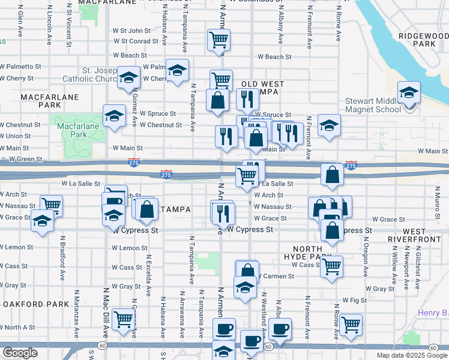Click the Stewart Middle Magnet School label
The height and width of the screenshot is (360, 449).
coord(373,106)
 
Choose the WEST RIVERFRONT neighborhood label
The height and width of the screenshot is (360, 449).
coord(423,235)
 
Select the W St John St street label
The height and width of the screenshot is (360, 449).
coord(131,31)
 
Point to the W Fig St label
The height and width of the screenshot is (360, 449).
coord(354,299)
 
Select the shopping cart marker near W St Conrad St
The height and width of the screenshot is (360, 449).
coord(218,40)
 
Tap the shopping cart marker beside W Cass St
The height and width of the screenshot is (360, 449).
coord(331,266)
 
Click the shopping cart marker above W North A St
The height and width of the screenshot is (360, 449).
coord(123,320)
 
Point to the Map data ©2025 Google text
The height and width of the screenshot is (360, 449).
coord(411,355)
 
